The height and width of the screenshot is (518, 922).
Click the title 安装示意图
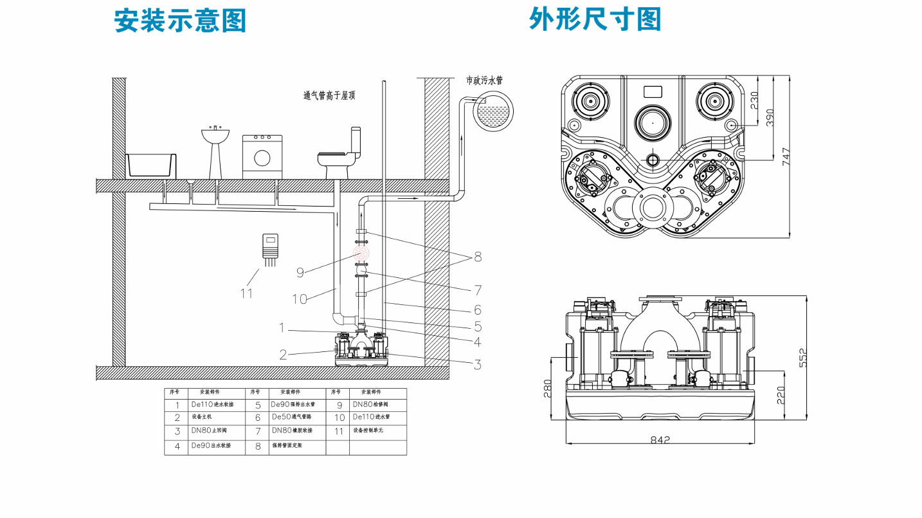(180, 20)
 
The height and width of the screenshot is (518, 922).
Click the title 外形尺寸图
(595, 19)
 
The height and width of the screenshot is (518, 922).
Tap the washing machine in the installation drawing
(262, 156)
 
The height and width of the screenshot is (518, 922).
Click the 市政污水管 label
(484, 80)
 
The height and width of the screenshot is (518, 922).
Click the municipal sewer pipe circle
(493, 112)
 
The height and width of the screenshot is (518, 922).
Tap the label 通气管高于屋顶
(329, 96)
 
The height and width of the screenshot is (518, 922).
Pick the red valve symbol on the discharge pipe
(361, 252)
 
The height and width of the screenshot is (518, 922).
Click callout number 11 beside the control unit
(247, 293)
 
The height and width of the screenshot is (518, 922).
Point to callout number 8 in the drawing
(477, 257)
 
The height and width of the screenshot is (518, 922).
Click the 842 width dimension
(660, 440)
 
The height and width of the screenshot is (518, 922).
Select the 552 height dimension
(804, 358)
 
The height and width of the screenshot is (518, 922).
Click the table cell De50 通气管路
(293, 418)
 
